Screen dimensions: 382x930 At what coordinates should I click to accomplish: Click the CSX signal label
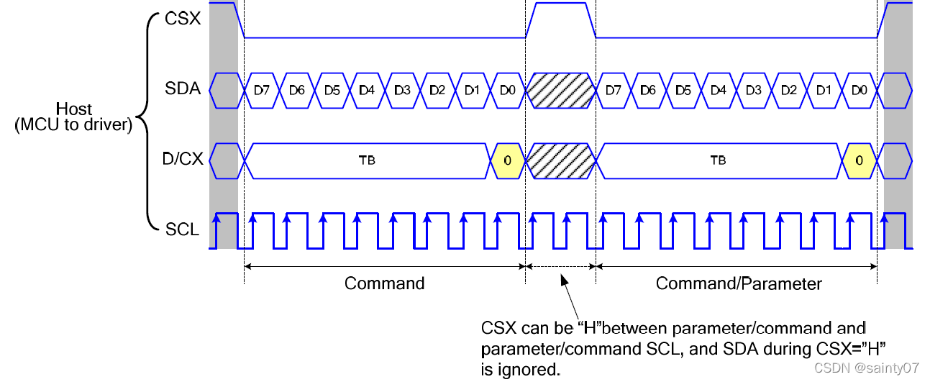pyautogui.click(x=182, y=18)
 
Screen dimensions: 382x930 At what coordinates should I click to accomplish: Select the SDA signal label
pyautogui.click(x=182, y=90)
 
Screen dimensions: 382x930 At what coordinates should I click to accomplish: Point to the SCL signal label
pyautogui.click(x=182, y=229)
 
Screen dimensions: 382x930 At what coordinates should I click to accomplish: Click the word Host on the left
pyautogui.click(x=75, y=109)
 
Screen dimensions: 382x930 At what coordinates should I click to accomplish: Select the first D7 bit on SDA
pyautogui.click(x=262, y=90)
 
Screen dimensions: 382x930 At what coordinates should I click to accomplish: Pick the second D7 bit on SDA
pyautogui.click(x=614, y=90)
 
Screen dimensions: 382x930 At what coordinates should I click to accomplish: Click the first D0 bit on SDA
pyautogui.click(x=507, y=90)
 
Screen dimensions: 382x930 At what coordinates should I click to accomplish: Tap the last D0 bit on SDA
pyautogui.click(x=859, y=90)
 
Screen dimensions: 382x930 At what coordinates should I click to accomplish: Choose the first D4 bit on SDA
pyautogui.click(x=367, y=90)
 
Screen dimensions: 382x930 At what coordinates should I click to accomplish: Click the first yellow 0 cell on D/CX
pyautogui.click(x=507, y=160)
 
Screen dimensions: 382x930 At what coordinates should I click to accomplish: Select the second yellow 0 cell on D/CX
pyautogui.click(x=859, y=160)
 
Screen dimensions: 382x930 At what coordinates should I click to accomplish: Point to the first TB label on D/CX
pyautogui.click(x=366, y=160)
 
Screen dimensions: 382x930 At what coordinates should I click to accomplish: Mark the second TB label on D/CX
pyautogui.click(x=718, y=160)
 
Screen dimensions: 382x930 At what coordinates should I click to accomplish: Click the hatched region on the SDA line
pyautogui.click(x=561, y=90)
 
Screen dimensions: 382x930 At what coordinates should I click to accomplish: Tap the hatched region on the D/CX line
pyautogui.click(x=561, y=160)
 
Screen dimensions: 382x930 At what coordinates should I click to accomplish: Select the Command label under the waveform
pyautogui.click(x=385, y=283)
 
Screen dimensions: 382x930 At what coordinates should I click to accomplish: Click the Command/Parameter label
pyautogui.click(x=739, y=283)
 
